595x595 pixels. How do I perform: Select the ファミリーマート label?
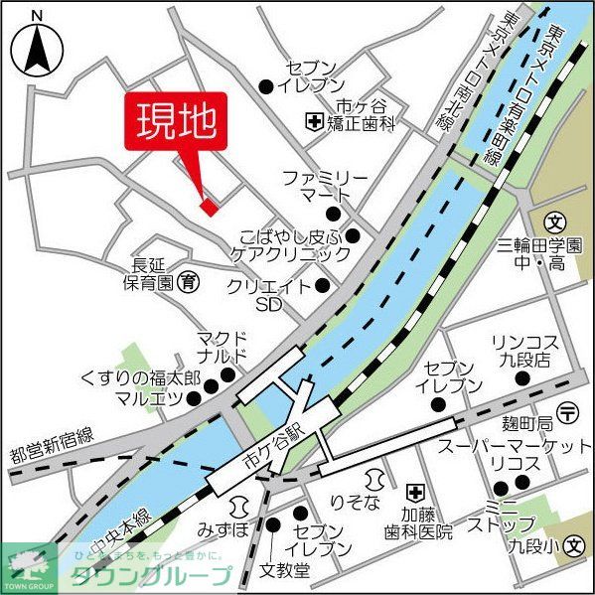click(324, 185)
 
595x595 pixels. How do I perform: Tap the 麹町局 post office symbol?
click(567, 412)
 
